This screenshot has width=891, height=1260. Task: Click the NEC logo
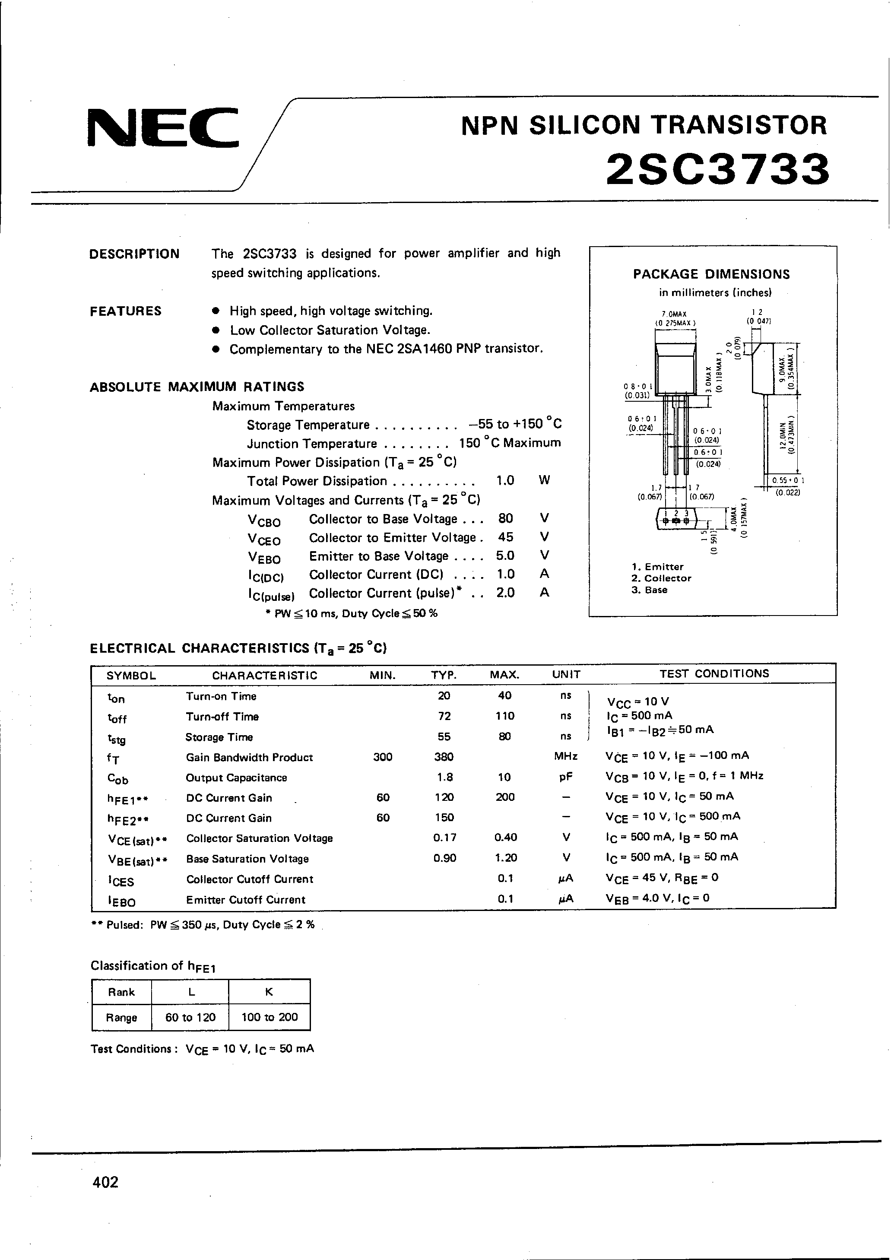point(163,128)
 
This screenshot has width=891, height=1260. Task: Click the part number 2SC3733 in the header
point(718,169)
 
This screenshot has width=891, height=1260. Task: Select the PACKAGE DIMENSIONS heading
point(711,274)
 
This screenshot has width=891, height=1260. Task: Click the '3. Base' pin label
point(649,590)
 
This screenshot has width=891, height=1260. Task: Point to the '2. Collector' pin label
point(661,578)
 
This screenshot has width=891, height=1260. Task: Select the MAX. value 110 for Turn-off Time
point(504,716)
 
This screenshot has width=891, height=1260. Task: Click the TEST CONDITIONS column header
point(714,673)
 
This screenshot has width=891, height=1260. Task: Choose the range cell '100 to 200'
point(269,1017)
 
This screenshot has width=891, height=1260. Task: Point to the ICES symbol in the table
point(120,880)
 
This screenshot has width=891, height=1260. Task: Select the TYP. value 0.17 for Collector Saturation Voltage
point(444,838)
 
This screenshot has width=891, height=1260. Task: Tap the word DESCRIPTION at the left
point(134,254)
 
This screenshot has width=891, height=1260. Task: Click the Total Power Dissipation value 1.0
point(505,481)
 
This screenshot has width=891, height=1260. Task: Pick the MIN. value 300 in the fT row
point(382,757)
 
